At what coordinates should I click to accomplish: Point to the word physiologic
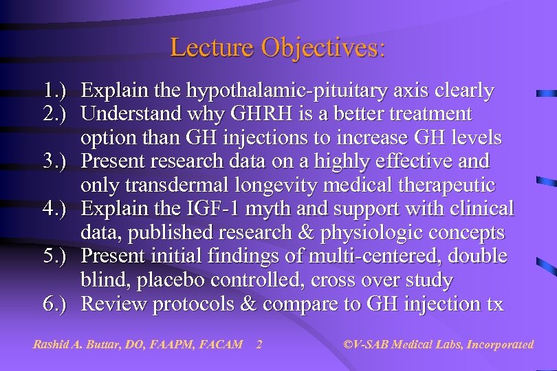coord(389,233)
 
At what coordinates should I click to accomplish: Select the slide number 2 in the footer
coord(259,344)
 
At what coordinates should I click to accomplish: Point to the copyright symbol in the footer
coord(347,344)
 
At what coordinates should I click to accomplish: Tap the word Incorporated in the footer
coord(500,344)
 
